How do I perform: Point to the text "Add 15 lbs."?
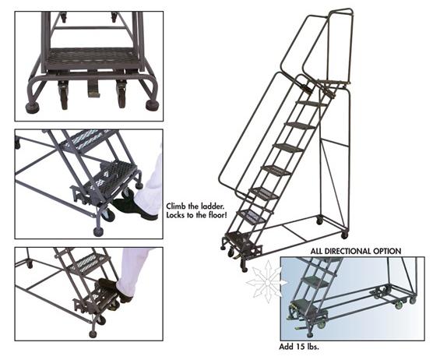[x=301, y=345]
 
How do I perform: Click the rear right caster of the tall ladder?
[x=344, y=233]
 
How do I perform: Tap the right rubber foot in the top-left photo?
[x=152, y=104]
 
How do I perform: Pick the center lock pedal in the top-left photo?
[x=93, y=90]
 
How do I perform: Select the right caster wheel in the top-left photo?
[x=122, y=97]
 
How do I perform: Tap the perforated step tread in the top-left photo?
[x=90, y=57]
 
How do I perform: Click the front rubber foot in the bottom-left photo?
[x=93, y=333]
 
